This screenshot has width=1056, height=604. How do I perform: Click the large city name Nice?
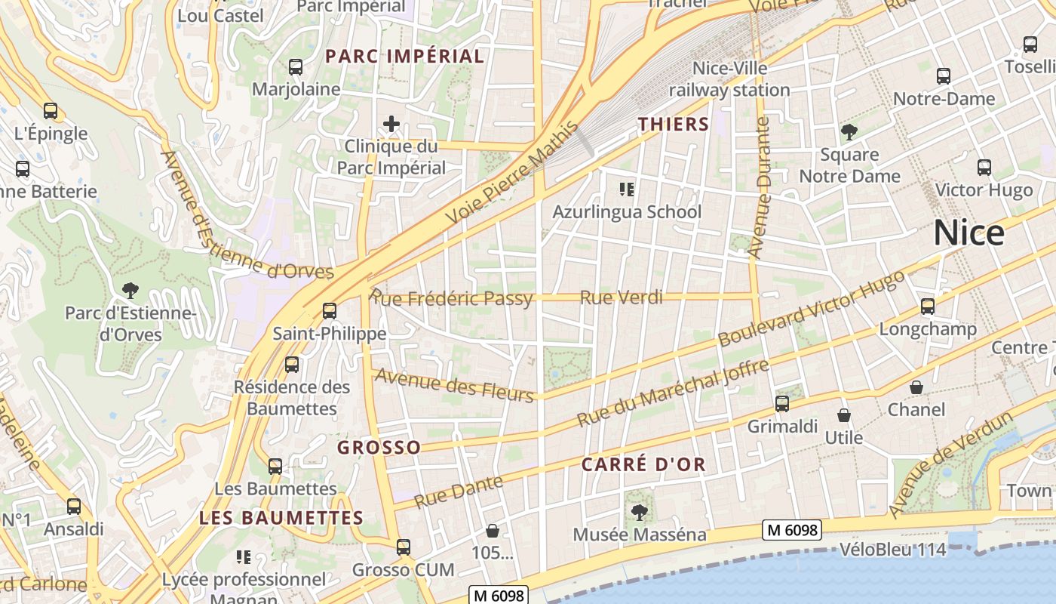[969, 233]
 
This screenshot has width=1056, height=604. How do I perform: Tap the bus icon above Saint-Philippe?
[329, 310]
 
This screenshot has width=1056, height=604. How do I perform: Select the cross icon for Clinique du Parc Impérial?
[391, 124]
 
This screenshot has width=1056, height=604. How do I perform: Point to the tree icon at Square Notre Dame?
[849, 133]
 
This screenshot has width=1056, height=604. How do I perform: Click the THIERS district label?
[674, 125]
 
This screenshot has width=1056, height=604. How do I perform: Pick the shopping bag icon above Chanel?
[916, 387]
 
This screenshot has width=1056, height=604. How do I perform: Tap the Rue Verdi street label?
[621, 297]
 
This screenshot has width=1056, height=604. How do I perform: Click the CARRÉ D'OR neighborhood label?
[643, 464]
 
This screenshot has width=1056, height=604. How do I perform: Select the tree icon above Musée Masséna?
[639, 513]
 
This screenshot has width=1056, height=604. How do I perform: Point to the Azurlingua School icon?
[626, 189]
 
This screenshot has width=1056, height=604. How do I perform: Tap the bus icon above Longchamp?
[927, 307]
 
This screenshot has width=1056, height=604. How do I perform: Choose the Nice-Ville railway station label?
[729, 79]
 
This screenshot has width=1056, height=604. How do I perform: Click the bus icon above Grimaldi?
[782, 404]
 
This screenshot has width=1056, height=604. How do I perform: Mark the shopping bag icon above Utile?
[843, 415]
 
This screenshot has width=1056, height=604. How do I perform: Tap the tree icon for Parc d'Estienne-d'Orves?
[130, 290]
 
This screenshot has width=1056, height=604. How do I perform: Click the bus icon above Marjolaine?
[296, 67]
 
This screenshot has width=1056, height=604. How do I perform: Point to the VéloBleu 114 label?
[892, 550]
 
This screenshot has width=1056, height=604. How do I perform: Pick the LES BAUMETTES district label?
[281, 518]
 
